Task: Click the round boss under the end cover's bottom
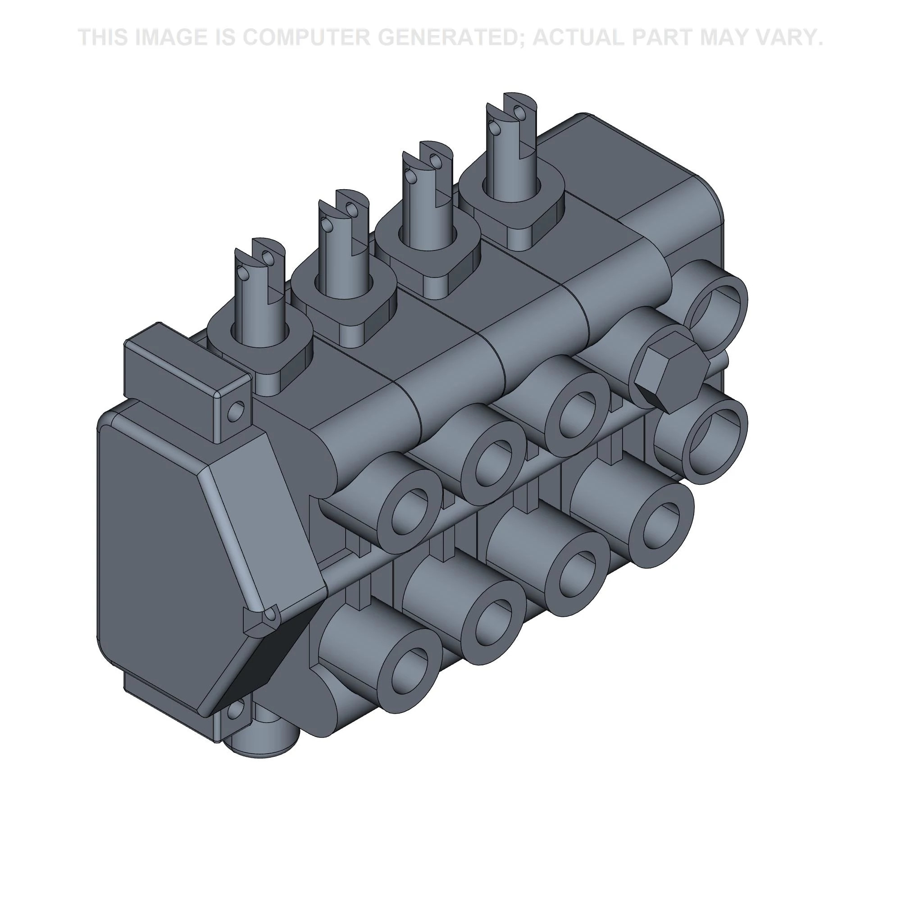[x=261, y=742]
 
